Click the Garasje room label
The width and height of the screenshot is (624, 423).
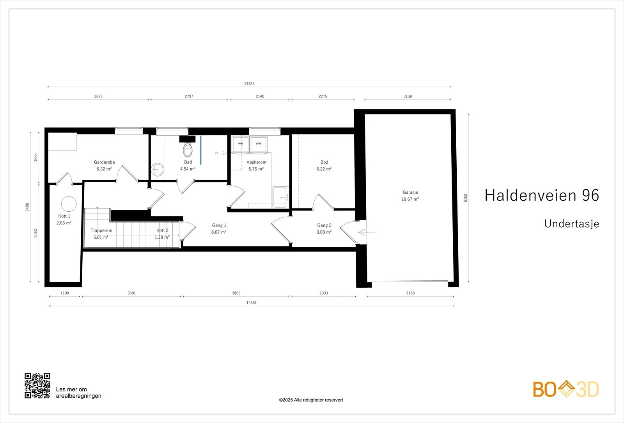tap(410, 193)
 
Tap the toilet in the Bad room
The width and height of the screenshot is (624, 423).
tap(188, 150)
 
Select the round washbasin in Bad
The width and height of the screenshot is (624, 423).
tap(158, 170)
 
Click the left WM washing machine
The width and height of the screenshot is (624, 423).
tap(240, 144)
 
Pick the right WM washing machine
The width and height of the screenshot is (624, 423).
tap(259, 144)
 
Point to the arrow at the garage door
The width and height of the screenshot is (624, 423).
tap(367, 232)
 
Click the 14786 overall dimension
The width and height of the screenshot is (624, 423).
tap(249, 83)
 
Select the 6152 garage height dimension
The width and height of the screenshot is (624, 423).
tap(465, 198)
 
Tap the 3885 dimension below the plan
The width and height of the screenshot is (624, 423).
tap(236, 293)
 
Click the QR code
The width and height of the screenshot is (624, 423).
tap(37, 386)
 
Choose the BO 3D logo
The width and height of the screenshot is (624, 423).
tap(566, 389)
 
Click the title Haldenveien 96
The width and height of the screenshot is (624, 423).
tap(542, 195)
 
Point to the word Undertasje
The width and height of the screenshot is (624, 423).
tap(572, 224)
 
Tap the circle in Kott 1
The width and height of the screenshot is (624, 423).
tap(69, 204)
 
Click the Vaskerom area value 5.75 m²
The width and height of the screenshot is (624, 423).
tap(256, 169)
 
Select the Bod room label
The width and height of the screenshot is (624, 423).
tap(324, 162)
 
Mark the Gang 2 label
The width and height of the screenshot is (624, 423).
tap(324, 225)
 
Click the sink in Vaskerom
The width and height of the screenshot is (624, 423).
tap(280, 197)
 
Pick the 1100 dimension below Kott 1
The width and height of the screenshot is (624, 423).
tap(65, 293)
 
